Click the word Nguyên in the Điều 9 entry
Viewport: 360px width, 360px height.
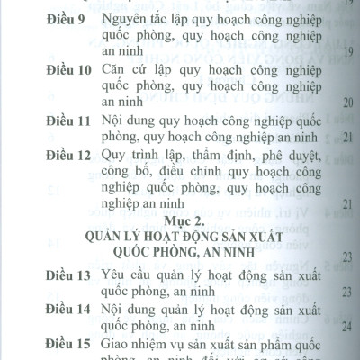[103, 19]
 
